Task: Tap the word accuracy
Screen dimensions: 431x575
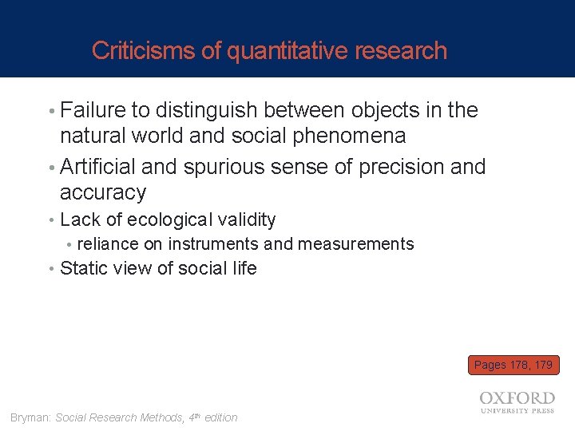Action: tap(103, 193)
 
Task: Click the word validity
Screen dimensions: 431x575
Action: tap(248, 219)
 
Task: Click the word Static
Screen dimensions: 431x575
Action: tap(84, 268)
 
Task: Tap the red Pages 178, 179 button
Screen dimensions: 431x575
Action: tap(514, 365)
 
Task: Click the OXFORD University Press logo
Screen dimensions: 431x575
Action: tap(517, 401)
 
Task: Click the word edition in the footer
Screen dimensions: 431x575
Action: tap(220, 417)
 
